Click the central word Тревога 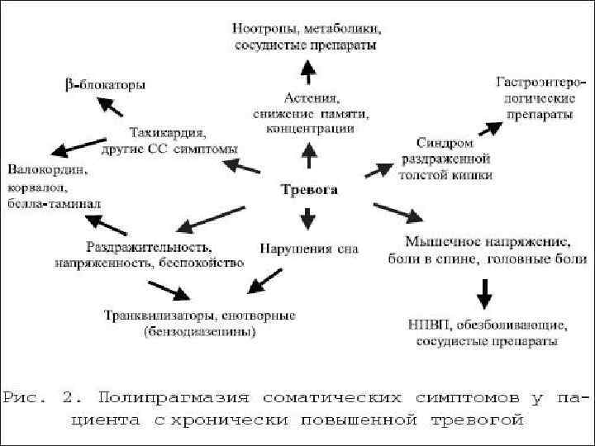coord(309,189)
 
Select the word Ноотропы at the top coord(264,29)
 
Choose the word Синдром coord(450,141)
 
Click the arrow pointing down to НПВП coord(485,292)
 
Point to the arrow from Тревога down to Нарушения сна coord(308,218)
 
